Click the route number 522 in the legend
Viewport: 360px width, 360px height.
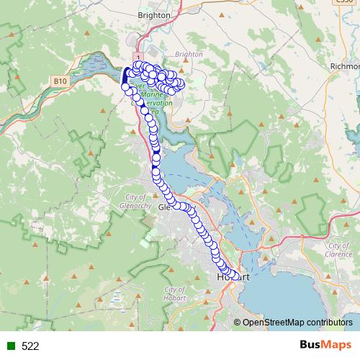coord(30,346)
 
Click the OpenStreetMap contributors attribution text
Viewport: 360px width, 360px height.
coord(297,323)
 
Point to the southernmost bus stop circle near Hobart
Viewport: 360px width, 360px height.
coord(234,276)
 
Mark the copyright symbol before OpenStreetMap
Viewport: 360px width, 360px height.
coord(238,323)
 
